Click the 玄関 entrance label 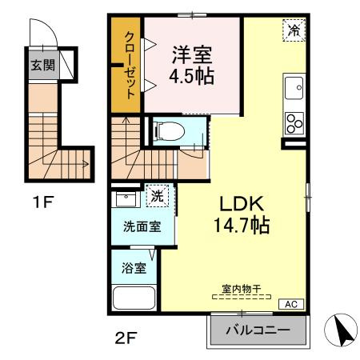coord(43,66)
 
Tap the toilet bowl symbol coord(169,130)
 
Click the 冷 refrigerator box coord(294,31)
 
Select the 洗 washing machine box coord(157,195)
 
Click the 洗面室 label coord(142,226)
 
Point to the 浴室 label coord(134,268)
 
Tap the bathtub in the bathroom coord(136,298)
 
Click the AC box coord(291,304)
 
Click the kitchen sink coord(293,86)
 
